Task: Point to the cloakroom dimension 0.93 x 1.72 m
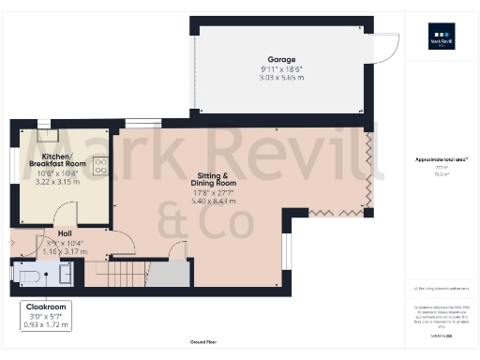pyautogui.click(x=45, y=324)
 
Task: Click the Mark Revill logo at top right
pyautogui.click(x=440, y=42)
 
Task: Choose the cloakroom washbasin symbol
pyautogui.click(x=66, y=273)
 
